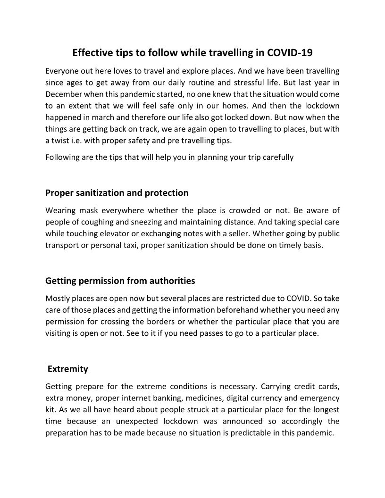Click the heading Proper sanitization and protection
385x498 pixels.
pos(117,193)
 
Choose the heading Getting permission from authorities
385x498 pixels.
pos(120,281)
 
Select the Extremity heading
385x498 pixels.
pos(68,369)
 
